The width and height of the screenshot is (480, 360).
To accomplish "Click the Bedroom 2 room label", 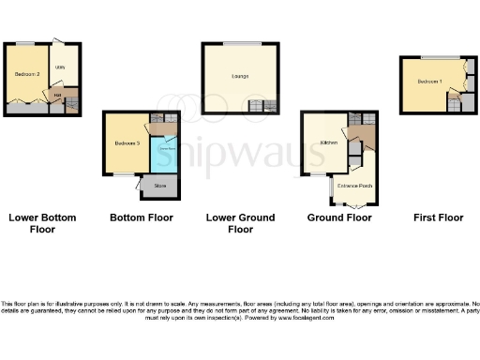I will point(24,73).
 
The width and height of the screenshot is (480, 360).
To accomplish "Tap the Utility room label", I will point(59,67).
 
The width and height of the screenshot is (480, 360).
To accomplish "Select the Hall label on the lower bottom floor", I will point(57,95).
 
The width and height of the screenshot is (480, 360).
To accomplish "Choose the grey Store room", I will point(160,187).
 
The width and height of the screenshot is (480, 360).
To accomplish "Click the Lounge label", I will point(239,77).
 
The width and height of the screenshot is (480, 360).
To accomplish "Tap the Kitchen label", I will point(329,143).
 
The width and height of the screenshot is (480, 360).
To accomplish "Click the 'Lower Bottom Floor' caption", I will point(42,222).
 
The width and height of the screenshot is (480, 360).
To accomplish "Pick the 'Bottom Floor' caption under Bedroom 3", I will point(142,217).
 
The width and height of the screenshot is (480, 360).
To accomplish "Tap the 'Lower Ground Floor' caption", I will point(240,222).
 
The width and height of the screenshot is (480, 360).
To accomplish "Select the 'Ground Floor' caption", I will point(338,217).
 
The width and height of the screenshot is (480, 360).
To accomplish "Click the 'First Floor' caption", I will point(438,217).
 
